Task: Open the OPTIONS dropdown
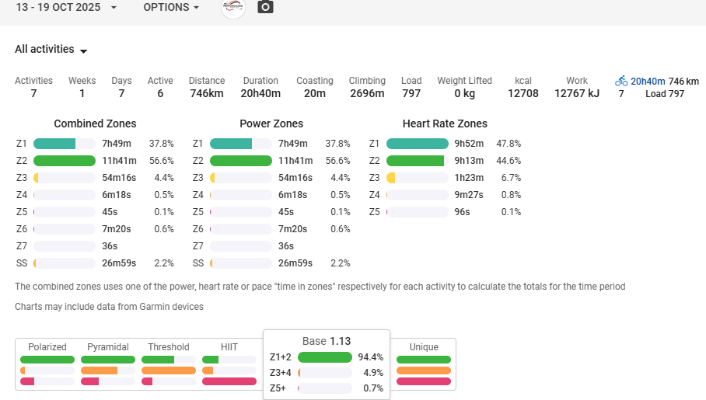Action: coord(171,7)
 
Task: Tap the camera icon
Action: coord(265,7)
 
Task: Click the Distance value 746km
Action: coord(207,94)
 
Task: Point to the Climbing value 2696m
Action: coord(367,94)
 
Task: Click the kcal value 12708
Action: coord(523,94)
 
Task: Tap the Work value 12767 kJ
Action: coord(577,94)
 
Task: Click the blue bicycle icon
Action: coord(621,81)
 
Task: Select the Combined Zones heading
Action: coord(95,123)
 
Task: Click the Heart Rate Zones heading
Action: coord(445,123)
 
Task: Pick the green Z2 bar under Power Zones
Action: coord(241,161)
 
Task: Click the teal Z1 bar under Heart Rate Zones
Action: coord(417,144)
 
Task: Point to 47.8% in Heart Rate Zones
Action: coord(509,144)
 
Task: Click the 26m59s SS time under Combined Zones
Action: coord(119,263)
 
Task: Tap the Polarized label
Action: coord(47,347)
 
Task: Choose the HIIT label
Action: coord(229,347)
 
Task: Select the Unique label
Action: coord(424,347)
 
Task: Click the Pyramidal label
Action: coord(108,347)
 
